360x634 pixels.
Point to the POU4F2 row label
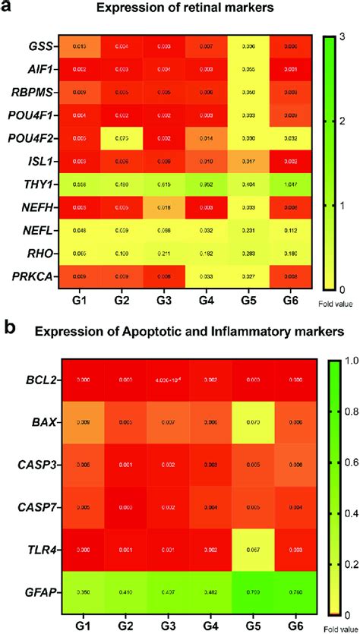pyautogui.click(x=30, y=138)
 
